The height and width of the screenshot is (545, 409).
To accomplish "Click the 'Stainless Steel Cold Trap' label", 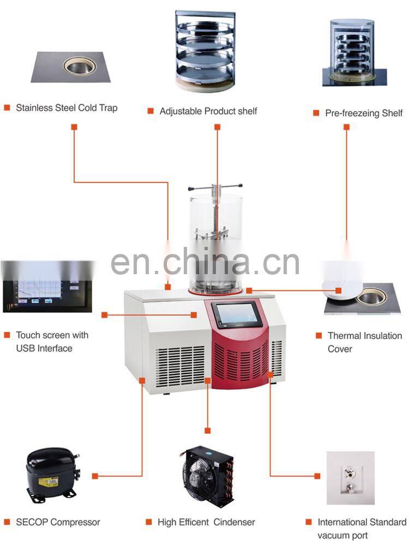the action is tap(67, 108).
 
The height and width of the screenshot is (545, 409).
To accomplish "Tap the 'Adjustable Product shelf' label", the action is tap(208, 111).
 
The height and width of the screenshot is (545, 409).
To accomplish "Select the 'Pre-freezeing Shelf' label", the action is tap(364, 113).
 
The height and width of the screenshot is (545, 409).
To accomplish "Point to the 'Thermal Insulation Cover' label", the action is tap(364, 342).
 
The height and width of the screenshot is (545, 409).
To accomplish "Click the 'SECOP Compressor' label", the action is tap(58, 522).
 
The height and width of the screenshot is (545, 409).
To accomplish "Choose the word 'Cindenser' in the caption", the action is tap(234, 522).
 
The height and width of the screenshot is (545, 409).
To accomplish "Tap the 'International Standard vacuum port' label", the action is tap(362, 529).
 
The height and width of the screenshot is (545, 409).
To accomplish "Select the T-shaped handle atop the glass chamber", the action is tap(215, 188).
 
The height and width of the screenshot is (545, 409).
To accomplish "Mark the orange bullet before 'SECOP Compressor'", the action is tap(7, 522).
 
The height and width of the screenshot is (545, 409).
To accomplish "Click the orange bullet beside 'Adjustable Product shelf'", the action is tap(151, 111).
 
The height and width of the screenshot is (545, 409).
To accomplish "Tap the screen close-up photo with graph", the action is tap(47, 287).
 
